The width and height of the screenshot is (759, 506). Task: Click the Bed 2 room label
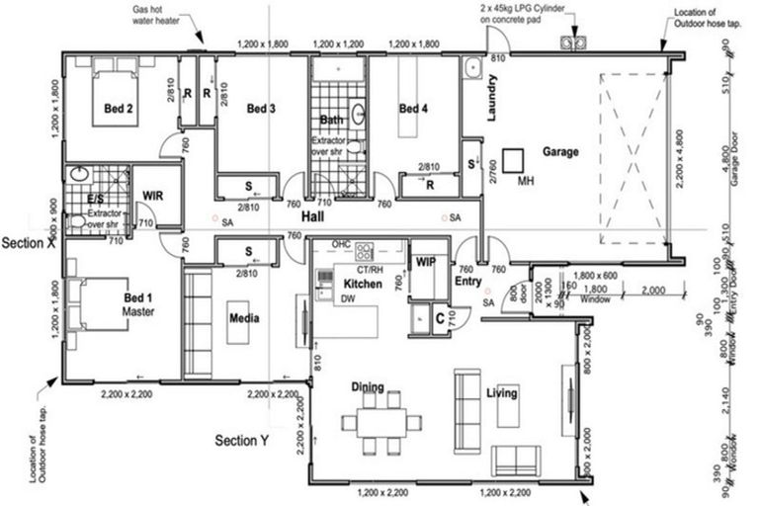119,110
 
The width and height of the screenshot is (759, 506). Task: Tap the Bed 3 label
260,110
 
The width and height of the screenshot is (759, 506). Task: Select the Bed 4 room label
414,110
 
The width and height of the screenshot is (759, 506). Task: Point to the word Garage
559,152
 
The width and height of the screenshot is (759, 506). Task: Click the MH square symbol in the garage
512,159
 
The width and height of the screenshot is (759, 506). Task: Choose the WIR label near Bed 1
153,196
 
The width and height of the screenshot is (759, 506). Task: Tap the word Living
501,393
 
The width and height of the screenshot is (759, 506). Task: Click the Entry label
466,281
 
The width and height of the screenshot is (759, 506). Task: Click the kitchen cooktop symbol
366,251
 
